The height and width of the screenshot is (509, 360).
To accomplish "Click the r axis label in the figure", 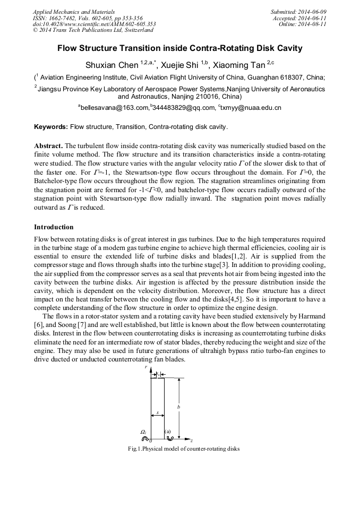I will click(146, 367).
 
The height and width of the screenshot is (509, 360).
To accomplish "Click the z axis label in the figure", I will click(191, 441).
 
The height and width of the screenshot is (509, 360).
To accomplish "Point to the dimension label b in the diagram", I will click(178, 407).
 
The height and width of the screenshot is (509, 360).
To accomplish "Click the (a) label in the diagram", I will click(168, 432).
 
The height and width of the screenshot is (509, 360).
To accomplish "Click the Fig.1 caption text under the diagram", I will click(184, 449).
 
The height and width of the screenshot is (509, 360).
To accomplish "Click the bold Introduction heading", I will click(54, 227).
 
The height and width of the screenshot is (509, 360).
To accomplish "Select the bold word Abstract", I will click(48, 145).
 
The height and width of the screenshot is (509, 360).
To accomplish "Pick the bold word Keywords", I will click(51, 127).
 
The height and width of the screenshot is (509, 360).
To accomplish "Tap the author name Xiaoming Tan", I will click(239, 66).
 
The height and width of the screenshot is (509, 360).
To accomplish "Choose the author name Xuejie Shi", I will click(183, 66).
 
